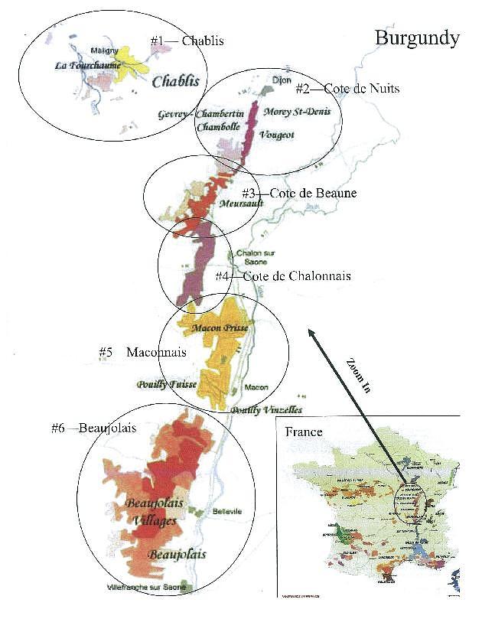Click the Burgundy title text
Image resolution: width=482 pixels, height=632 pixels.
417,37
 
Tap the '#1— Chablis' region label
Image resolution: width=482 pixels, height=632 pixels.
187,41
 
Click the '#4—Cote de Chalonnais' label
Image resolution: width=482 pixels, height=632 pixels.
282,275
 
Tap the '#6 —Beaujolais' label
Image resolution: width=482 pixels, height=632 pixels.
93,428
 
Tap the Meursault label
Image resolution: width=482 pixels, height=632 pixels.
241,204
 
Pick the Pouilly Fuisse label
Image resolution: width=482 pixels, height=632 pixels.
166,384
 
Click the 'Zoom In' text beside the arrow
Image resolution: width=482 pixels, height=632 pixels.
357,375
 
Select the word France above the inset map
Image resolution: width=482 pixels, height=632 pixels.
304,432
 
